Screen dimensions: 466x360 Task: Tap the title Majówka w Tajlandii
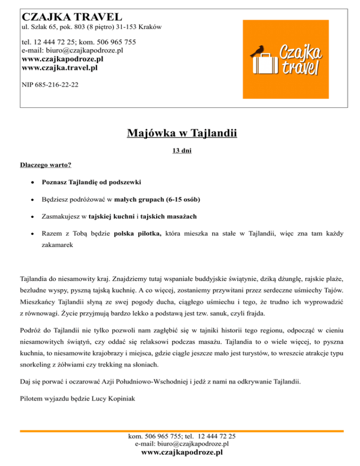coord(182,135)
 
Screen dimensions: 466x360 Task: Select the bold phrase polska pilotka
coord(138,233)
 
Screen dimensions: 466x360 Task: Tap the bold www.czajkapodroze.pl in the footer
coord(182,452)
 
